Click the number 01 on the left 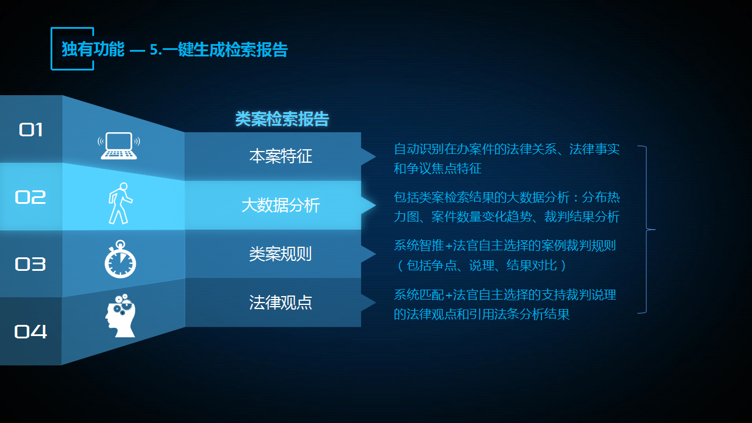tap(31, 129)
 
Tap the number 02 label tap(30, 197)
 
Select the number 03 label tap(30, 264)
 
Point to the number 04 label tap(31, 331)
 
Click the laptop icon tap(119, 146)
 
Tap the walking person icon tap(120, 203)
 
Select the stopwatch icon tap(120, 259)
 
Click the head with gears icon tap(120, 315)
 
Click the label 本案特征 tap(280, 156)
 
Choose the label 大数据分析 tap(280, 205)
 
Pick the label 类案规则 tap(280, 254)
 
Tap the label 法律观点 tap(280, 303)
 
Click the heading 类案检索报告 tap(282, 119)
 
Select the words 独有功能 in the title tap(93, 49)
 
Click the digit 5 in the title tap(154, 50)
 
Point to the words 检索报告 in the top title tap(256, 50)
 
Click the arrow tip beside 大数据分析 tap(375, 205)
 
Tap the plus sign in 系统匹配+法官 tap(449, 295)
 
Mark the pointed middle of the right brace tap(654, 230)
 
